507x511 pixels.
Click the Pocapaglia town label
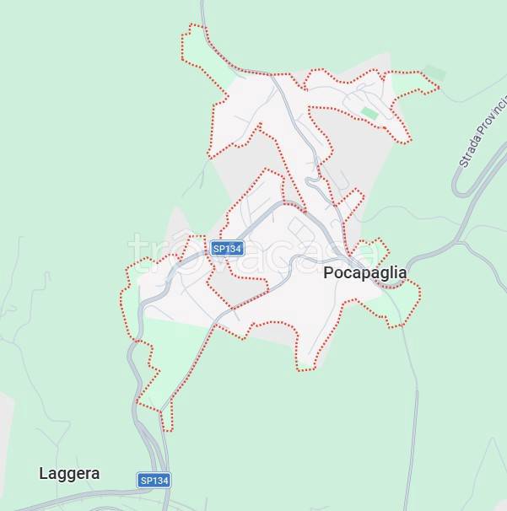[364, 273]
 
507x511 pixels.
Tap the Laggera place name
[69, 474]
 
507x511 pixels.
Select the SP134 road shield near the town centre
[227, 249]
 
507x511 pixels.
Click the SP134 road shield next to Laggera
[154, 480]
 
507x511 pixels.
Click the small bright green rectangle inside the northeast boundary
[369, 112]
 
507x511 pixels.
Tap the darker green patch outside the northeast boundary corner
[434, 73]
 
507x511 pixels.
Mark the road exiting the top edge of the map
[202, 7]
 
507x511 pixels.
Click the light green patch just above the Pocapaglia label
[368, 250]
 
